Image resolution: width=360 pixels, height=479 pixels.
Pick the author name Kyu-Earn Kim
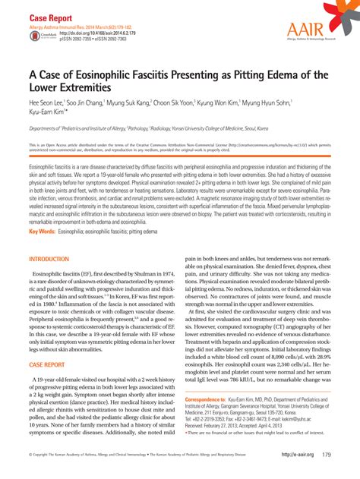pyautogui.click(x=52, y=112)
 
